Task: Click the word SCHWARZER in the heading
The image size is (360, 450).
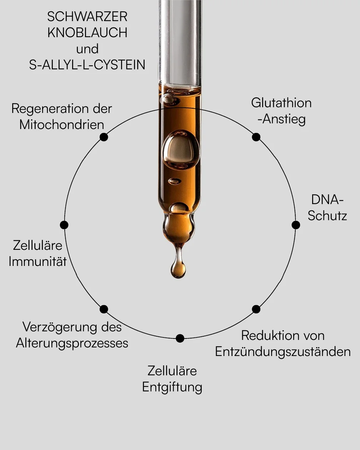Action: [87, 17]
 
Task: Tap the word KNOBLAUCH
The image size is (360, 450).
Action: [87, 33]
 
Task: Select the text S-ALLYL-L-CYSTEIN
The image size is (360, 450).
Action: [87, 65]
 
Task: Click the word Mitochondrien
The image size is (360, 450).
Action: [62, 125]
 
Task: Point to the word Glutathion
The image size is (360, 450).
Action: [281, 103]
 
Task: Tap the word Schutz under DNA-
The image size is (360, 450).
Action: [327, 216]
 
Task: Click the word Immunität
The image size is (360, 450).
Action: [37, 261]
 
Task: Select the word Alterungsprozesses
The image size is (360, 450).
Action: [72, 343]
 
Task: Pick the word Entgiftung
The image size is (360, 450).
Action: [172, 387]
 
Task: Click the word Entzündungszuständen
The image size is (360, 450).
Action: [283, 352]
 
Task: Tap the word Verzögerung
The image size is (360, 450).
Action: [60, 327]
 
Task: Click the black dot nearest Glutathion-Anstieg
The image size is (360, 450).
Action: [256, 137]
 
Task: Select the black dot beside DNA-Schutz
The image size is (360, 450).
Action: [296, 225]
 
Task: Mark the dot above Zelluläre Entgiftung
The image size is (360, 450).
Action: [180, 338]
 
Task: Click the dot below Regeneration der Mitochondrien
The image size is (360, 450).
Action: [104, 137]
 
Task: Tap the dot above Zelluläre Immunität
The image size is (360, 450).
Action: [64, 225]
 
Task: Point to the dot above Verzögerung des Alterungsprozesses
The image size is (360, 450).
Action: [104, 309]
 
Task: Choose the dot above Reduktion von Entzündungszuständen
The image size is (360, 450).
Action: [256, 309]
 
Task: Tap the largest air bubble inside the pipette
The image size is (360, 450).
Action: [181, 150]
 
